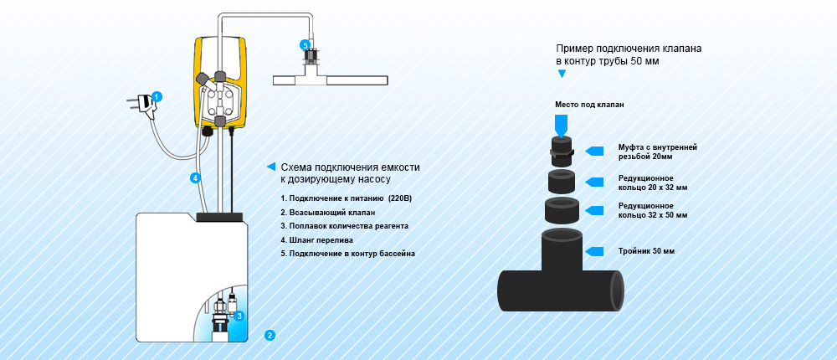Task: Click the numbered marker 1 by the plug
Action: (157, 96)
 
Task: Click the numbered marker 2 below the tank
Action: (270, 336)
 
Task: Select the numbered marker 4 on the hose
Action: (194, 177)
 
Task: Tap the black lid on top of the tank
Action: (219, 218)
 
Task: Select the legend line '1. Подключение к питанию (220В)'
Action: (347, 198)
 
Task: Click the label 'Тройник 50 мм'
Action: (645, 251)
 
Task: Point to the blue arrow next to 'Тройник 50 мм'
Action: (596, 251)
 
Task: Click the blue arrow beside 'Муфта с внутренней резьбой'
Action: (596, 151)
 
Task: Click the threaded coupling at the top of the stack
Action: (561, 149)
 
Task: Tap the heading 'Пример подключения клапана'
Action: (629, 49)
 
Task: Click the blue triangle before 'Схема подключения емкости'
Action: (270, 166)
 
